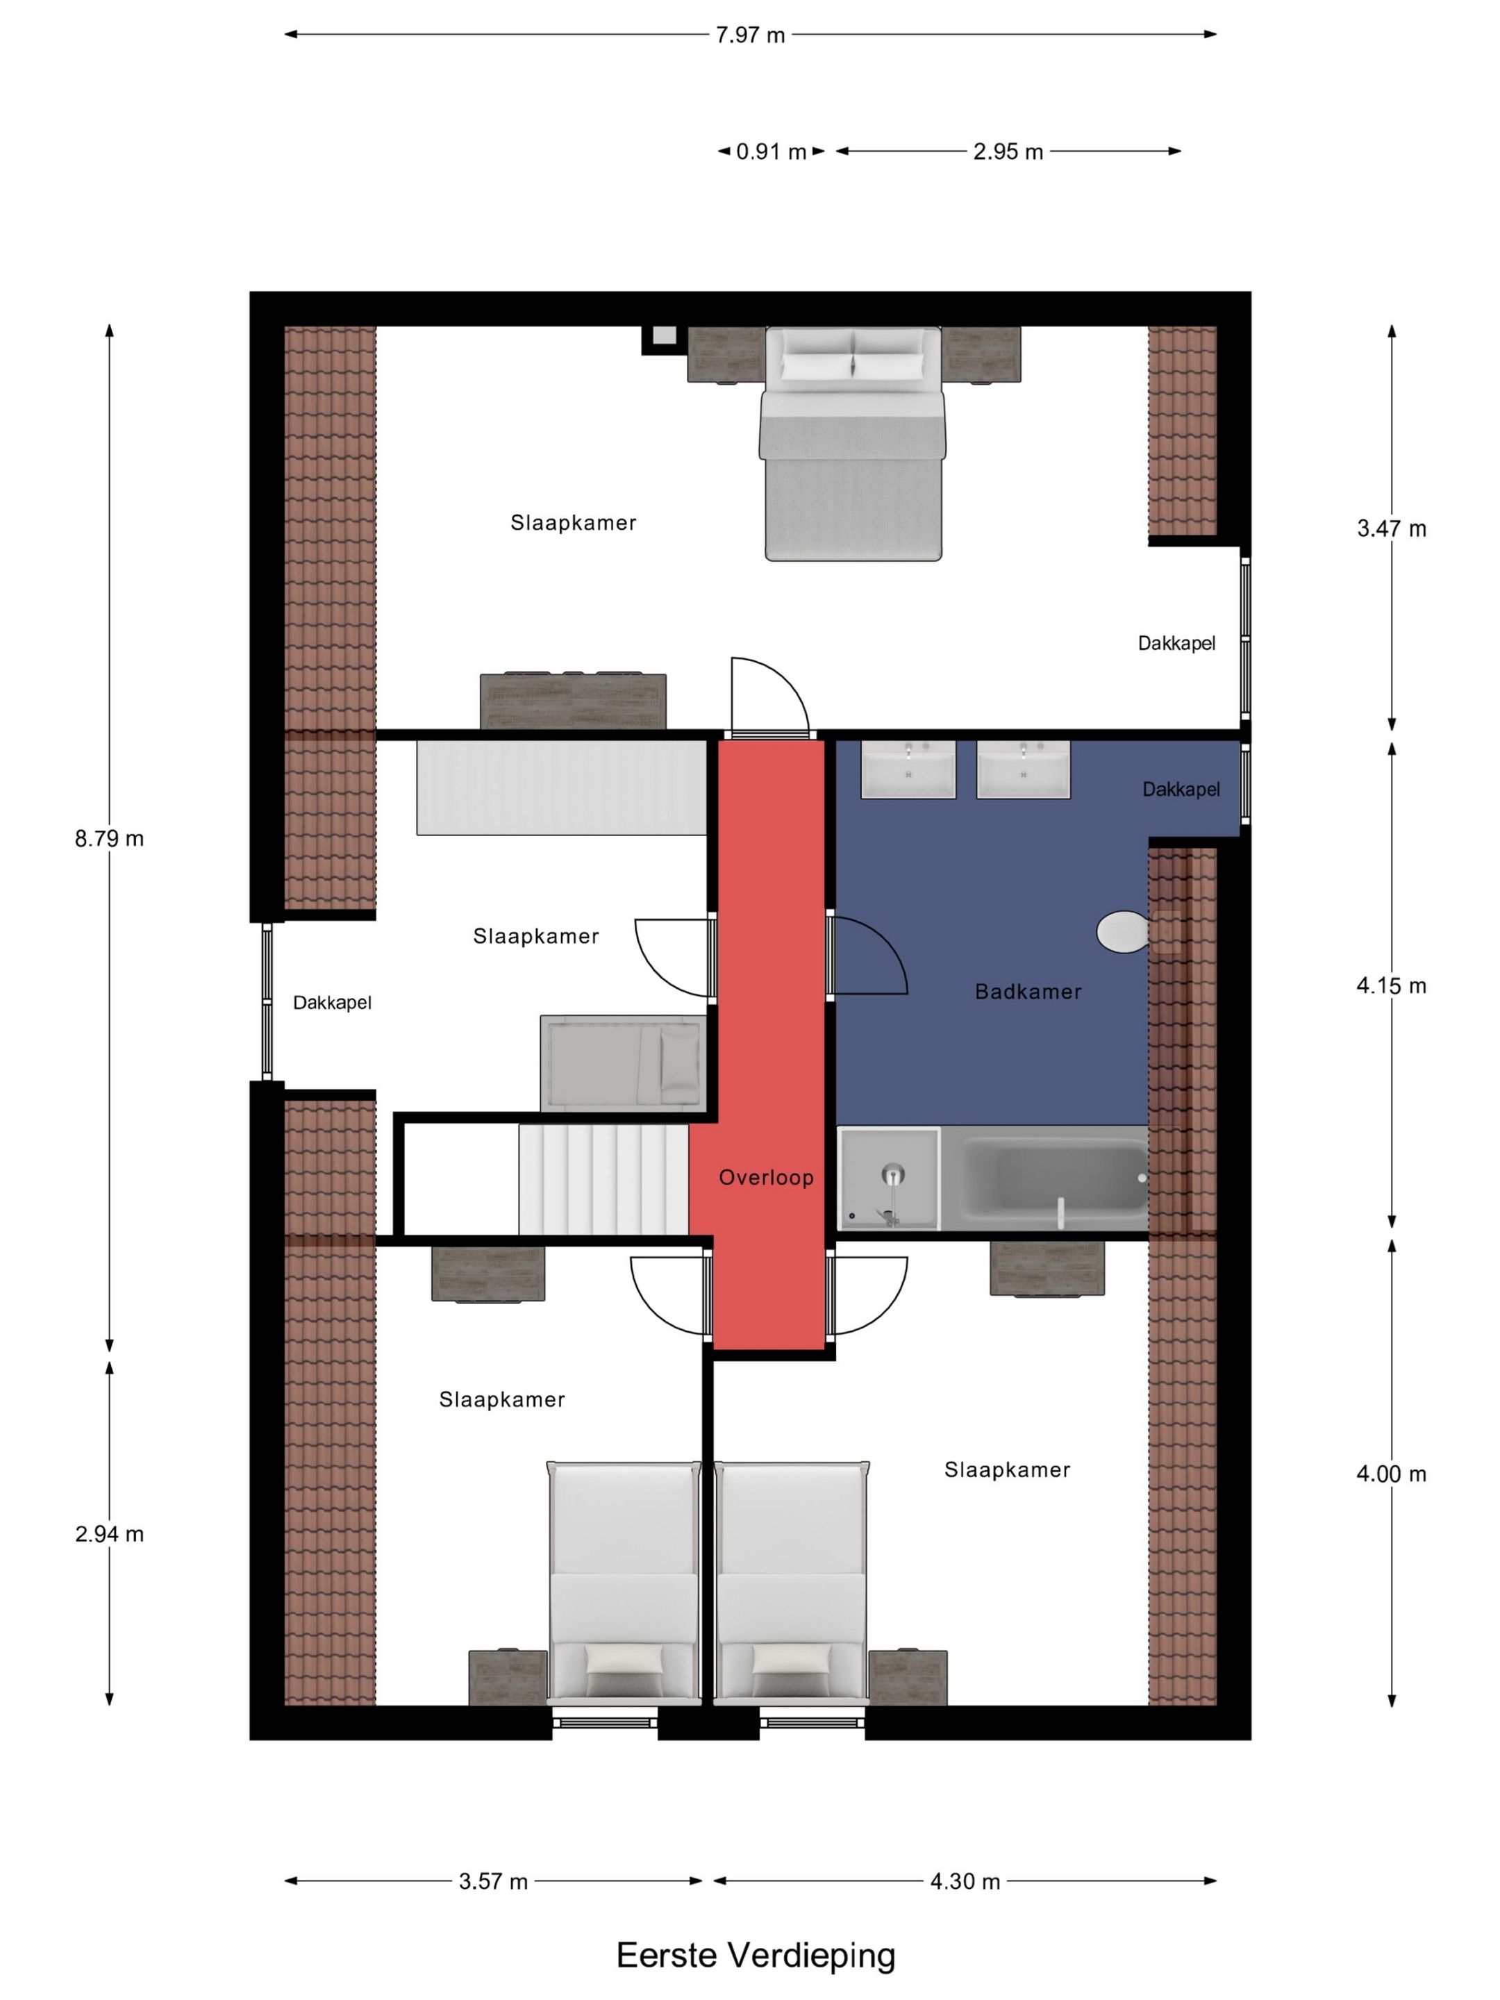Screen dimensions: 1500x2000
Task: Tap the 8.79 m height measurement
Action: (110, 839)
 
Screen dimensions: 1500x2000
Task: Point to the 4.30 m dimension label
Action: (965, 1881)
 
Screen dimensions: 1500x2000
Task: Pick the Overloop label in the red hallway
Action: (766, 1177)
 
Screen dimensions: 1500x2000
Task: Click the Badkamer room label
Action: (1028, 992)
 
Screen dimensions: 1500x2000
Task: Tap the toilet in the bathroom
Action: (1123, 931)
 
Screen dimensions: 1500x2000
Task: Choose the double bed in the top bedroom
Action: (853, 444)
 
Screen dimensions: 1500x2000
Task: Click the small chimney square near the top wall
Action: (665, 336)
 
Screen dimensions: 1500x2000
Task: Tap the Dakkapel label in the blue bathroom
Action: (1181, 790)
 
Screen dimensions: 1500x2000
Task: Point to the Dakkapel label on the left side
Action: (332, 1003)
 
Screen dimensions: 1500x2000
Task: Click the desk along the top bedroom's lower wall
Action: (573, 701)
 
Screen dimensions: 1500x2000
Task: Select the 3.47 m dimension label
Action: (1392, 529)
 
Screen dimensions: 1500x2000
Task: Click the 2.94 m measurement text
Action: (110, 1534)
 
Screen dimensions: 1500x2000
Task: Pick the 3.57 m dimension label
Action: (493, 1881)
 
